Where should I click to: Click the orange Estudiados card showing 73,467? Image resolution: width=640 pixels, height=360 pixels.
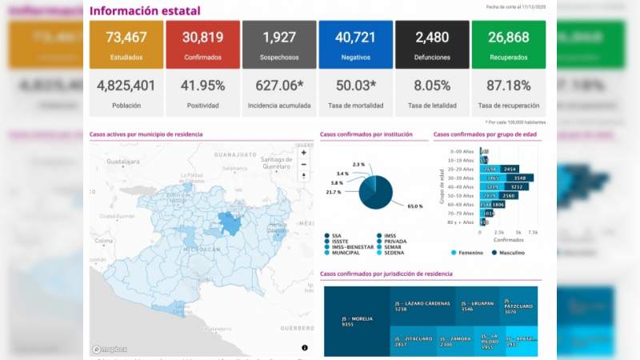coord(125,45)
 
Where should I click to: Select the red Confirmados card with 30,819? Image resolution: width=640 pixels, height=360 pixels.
coord(202,45)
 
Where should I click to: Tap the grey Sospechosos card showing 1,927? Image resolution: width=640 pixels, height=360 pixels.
coord(278,45)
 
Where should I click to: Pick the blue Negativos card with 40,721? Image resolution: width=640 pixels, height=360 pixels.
coord(355,45)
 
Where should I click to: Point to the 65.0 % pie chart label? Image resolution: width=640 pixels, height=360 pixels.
coord(414,206)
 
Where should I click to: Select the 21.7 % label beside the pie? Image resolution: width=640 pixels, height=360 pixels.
coord(333,192)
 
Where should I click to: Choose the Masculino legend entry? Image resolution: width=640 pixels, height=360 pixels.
coord(508,253)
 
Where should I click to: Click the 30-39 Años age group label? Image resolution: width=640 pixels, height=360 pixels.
coord(463,178)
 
